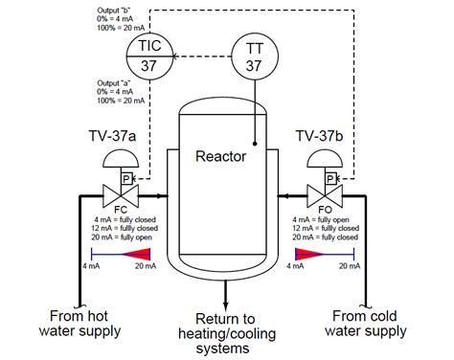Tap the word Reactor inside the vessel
click(x=220, y=156)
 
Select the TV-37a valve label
click(x=112, y=136)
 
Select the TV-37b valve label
click(x=320, y=136)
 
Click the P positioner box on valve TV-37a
click(x=126, y=179)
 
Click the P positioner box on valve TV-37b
click(x=330, y=179)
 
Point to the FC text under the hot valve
click(x=121, y=210)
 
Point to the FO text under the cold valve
click(x=325, y=210)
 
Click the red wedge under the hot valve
click(x=137, y=255)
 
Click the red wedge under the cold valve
click(x=308, y=255)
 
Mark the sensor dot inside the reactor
click(x=255, y=144)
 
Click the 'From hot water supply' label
click(x=79, y=324)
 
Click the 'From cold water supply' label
click(x=365, y=324)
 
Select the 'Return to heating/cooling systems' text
click(x=226, y=333)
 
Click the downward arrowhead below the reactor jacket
click(x=226, y=305)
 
